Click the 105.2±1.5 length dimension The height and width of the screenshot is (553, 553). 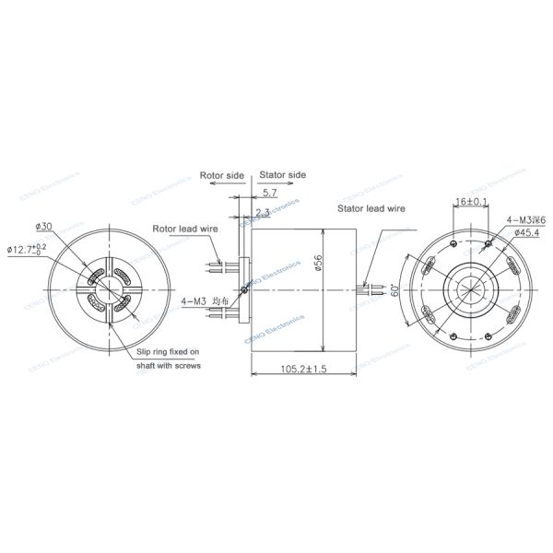point(291,368)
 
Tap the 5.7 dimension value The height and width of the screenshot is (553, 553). point(269,193)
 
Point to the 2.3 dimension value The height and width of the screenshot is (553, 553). point(264,213)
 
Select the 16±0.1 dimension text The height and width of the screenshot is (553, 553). point(471,201)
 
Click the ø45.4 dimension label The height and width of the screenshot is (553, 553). point(522,232)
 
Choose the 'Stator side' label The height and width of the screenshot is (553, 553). point(282,174)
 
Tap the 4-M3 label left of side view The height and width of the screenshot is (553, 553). point(194,301)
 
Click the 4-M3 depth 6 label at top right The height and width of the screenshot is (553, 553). point(526,219)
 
